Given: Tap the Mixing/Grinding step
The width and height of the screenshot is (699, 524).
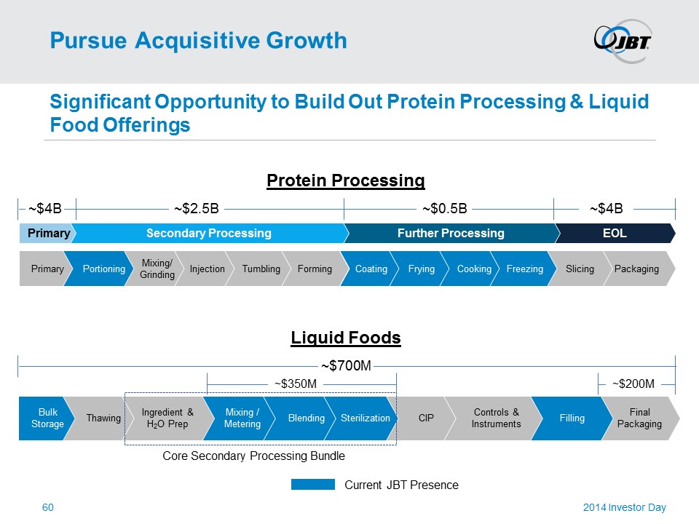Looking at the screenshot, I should tap(157, 269).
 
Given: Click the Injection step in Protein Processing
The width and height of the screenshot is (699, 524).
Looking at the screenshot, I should tap(207, 269).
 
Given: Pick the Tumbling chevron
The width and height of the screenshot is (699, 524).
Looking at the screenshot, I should tap(261, 269).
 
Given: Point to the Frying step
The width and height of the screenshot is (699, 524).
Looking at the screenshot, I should tap(421, 269).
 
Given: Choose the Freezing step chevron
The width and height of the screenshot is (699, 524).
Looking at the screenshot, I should tap(524, 269).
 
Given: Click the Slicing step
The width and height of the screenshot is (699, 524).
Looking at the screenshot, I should tap(580, 269).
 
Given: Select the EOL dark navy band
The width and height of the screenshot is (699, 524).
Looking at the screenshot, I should tap(615, 234).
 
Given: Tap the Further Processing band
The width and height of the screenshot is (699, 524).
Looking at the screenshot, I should tap(451, 234).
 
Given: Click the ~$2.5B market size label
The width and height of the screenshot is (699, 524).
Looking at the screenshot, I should tap(197, 210).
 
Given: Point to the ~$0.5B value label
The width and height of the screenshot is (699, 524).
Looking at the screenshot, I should tap(445, 210).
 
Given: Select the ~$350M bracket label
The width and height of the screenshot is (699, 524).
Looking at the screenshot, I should tap(295, 383).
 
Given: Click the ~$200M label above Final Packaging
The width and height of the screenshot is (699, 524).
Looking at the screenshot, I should tap(633, 384).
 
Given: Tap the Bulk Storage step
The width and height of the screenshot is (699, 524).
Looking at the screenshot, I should tap(47, 418).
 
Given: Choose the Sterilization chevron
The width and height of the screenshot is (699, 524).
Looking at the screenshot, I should tap(365, 418).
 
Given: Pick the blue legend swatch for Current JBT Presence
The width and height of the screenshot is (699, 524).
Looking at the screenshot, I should tap(312, 485).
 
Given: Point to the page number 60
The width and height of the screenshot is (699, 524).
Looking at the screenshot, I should tap(49, 507).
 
